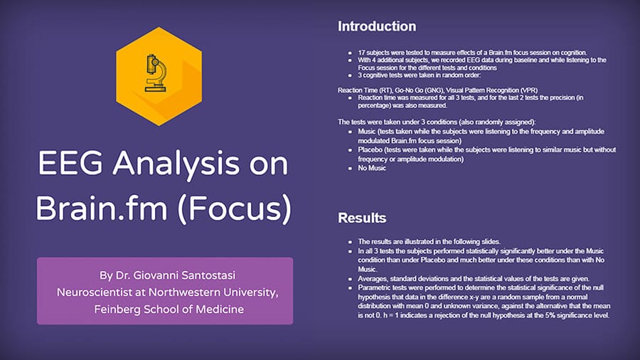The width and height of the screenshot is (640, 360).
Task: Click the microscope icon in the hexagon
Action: [x=156, y=73]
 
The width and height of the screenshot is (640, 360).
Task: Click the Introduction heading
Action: [x=377, y=26]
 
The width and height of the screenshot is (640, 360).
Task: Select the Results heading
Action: [x=362, y=218]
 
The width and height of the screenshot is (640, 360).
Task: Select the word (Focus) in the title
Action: [x=235, y=209]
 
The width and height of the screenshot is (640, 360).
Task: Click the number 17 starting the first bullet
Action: [x=361, y=53]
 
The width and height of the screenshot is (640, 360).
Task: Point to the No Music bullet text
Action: [x=372, y=168]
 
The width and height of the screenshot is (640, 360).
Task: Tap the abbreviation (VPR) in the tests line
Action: [x=528, y=90]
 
